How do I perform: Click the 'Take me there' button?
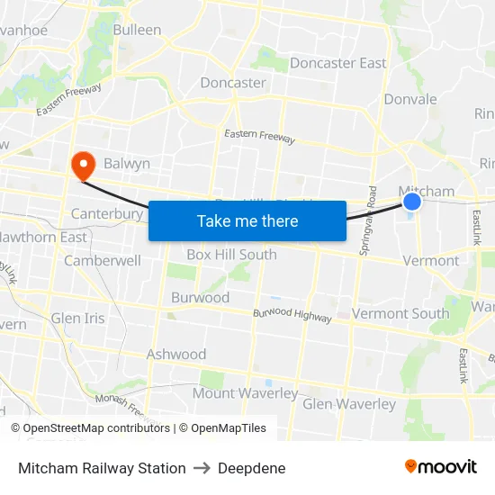coord(247,220)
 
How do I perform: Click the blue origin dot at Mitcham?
coord(411,202)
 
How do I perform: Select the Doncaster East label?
coord(337,63)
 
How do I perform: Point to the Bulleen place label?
coord(137,30)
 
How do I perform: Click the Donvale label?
coord(410,99)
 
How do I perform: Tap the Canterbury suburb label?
coord(107,214)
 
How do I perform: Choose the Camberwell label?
coord(103,261)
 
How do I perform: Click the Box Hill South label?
coord(231,255)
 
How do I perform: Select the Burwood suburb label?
coord(200,298)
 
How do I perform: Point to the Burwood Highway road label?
coord(292,314)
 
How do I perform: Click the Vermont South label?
coord(400,313)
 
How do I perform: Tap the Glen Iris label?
coord(77,319)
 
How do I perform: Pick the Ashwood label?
coord(176,355)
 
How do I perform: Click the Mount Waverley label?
coord(245,393)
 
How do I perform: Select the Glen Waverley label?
coord(349,404)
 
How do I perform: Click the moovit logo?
coord(440,467)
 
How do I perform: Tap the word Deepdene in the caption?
coord(252,468)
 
